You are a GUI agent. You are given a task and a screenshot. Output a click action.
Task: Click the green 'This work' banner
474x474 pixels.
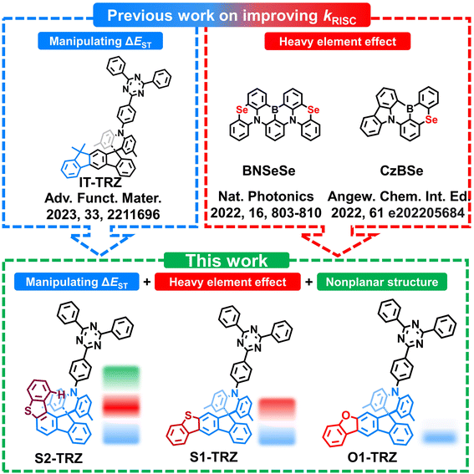click(227, 260)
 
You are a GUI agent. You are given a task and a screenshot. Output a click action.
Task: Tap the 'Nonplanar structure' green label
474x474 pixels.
click(382, 282)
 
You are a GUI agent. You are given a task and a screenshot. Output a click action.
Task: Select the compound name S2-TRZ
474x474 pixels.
click(59, 458)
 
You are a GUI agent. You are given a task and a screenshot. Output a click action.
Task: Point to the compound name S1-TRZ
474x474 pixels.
click(214, 456)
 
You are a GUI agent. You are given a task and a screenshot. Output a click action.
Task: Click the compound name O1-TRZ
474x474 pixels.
click(372, 457)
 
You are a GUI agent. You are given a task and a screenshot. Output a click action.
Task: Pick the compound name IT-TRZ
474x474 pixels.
click(100, 182)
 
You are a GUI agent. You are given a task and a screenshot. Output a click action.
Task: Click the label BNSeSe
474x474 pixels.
click(268, 171)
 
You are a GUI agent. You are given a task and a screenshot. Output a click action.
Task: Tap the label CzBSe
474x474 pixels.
click(401, 171)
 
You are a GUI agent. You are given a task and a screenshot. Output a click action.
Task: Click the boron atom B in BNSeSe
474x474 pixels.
click(275, 110)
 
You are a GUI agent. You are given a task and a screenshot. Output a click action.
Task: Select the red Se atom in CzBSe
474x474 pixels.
click(431, 120)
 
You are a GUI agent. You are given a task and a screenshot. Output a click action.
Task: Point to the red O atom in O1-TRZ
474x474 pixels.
click(346, 416)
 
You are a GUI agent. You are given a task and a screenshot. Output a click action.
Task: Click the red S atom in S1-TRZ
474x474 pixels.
click(188, 415)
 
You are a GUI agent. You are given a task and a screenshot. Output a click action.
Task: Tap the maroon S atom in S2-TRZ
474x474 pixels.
click(28, 410)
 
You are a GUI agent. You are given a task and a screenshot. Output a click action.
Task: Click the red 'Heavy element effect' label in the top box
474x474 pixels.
click(338, 42)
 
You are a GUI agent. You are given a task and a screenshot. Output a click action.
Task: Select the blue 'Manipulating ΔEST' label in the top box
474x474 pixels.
click(100, 41)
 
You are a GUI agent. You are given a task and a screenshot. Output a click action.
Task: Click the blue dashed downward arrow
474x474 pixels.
click(100, 244)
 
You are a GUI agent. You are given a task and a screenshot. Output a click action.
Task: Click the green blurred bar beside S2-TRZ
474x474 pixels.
click(121, 376)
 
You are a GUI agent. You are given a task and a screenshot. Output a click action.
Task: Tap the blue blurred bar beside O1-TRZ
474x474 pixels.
click(439, 437)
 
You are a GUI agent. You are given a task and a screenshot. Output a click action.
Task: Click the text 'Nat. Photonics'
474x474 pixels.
click(266, 196)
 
